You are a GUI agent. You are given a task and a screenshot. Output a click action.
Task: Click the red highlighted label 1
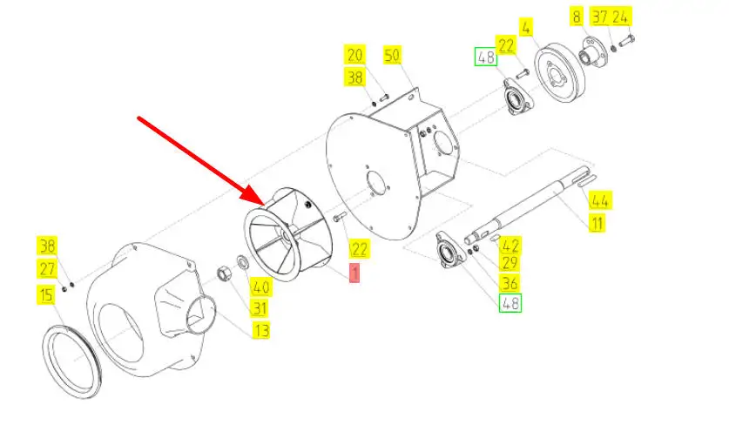pos(354,273)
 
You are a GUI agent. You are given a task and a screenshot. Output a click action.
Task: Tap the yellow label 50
pos(392,56)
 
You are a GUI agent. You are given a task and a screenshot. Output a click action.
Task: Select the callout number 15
pos(44,296)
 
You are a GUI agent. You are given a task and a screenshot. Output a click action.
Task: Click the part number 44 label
pos(599,201)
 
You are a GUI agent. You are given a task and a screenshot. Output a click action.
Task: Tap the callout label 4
pos(525,27)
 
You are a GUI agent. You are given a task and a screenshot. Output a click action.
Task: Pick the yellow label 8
pos(577,17)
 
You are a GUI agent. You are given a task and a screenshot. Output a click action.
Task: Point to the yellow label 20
pos(354,56)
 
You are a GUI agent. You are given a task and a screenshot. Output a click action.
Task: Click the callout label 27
pos(46,268)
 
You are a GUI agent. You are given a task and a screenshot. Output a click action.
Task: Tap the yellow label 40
pos(260,287)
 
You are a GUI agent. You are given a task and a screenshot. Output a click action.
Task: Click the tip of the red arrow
pos(253,199)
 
